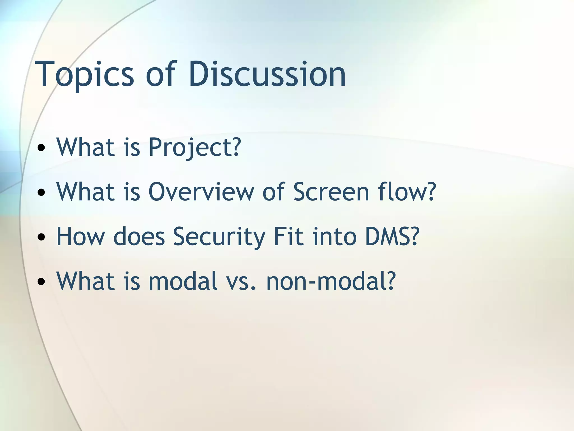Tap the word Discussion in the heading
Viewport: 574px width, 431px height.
click(267, 74)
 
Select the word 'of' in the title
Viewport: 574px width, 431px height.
click(160, 74)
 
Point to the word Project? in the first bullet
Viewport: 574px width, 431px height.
click(194, 147)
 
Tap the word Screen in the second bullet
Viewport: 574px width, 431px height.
click(331, 192)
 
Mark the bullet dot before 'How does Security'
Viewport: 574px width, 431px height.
click(41, 237)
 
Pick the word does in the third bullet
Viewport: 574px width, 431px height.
click(139, 237)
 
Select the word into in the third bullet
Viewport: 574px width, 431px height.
click(334, 237)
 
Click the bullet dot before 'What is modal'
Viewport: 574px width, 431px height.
click(41, 282)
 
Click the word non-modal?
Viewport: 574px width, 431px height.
click(331, 281)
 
